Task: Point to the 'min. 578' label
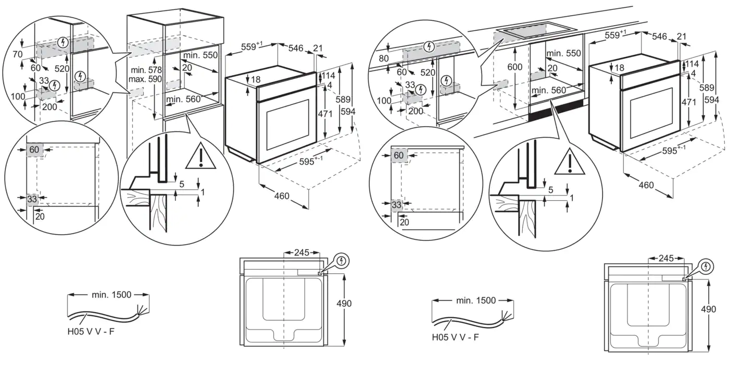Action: click(x=146, y=70)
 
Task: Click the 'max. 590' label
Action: click(x=146, y=79)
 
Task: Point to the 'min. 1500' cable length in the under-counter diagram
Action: click(x=476, y=300)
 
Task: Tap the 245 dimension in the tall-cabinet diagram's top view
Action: click(x=302, y=252)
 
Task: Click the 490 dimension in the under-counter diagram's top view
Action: click(x=708, y=309)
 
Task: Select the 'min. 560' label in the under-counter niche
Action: click(x=548, y=90)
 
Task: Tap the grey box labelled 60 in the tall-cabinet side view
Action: click(x=35, y=150)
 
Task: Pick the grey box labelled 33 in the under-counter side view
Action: click(x=397, y=205)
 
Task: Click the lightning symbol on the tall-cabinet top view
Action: click(x=341, y=260)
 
